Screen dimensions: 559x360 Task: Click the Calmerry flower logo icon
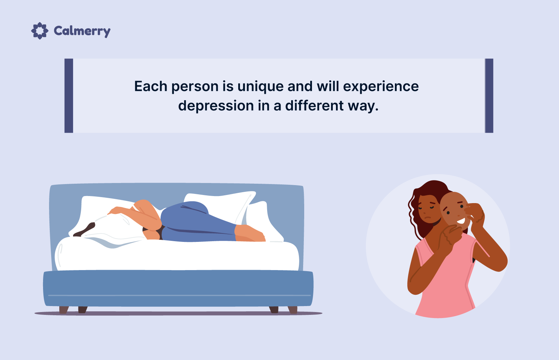click(x=40, y=31)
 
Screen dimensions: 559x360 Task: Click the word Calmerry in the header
click(x=82, y=31)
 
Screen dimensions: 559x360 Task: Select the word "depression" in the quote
click(x=216, y=106)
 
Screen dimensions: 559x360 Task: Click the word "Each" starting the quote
click(x=151, y=86)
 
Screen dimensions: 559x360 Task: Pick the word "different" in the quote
click(x=314, y=105)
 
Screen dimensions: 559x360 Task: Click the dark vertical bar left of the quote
click(x=68, y=96)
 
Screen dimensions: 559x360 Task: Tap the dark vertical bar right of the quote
click(x=489, y=96)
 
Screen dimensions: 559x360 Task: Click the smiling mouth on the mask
click(x=461, y=221)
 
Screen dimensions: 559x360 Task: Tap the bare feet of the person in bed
click(x=250, y=233)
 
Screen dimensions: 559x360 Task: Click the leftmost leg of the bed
click(x=64, y=310)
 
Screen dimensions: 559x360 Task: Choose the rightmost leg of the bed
click(x=293, y=310)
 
